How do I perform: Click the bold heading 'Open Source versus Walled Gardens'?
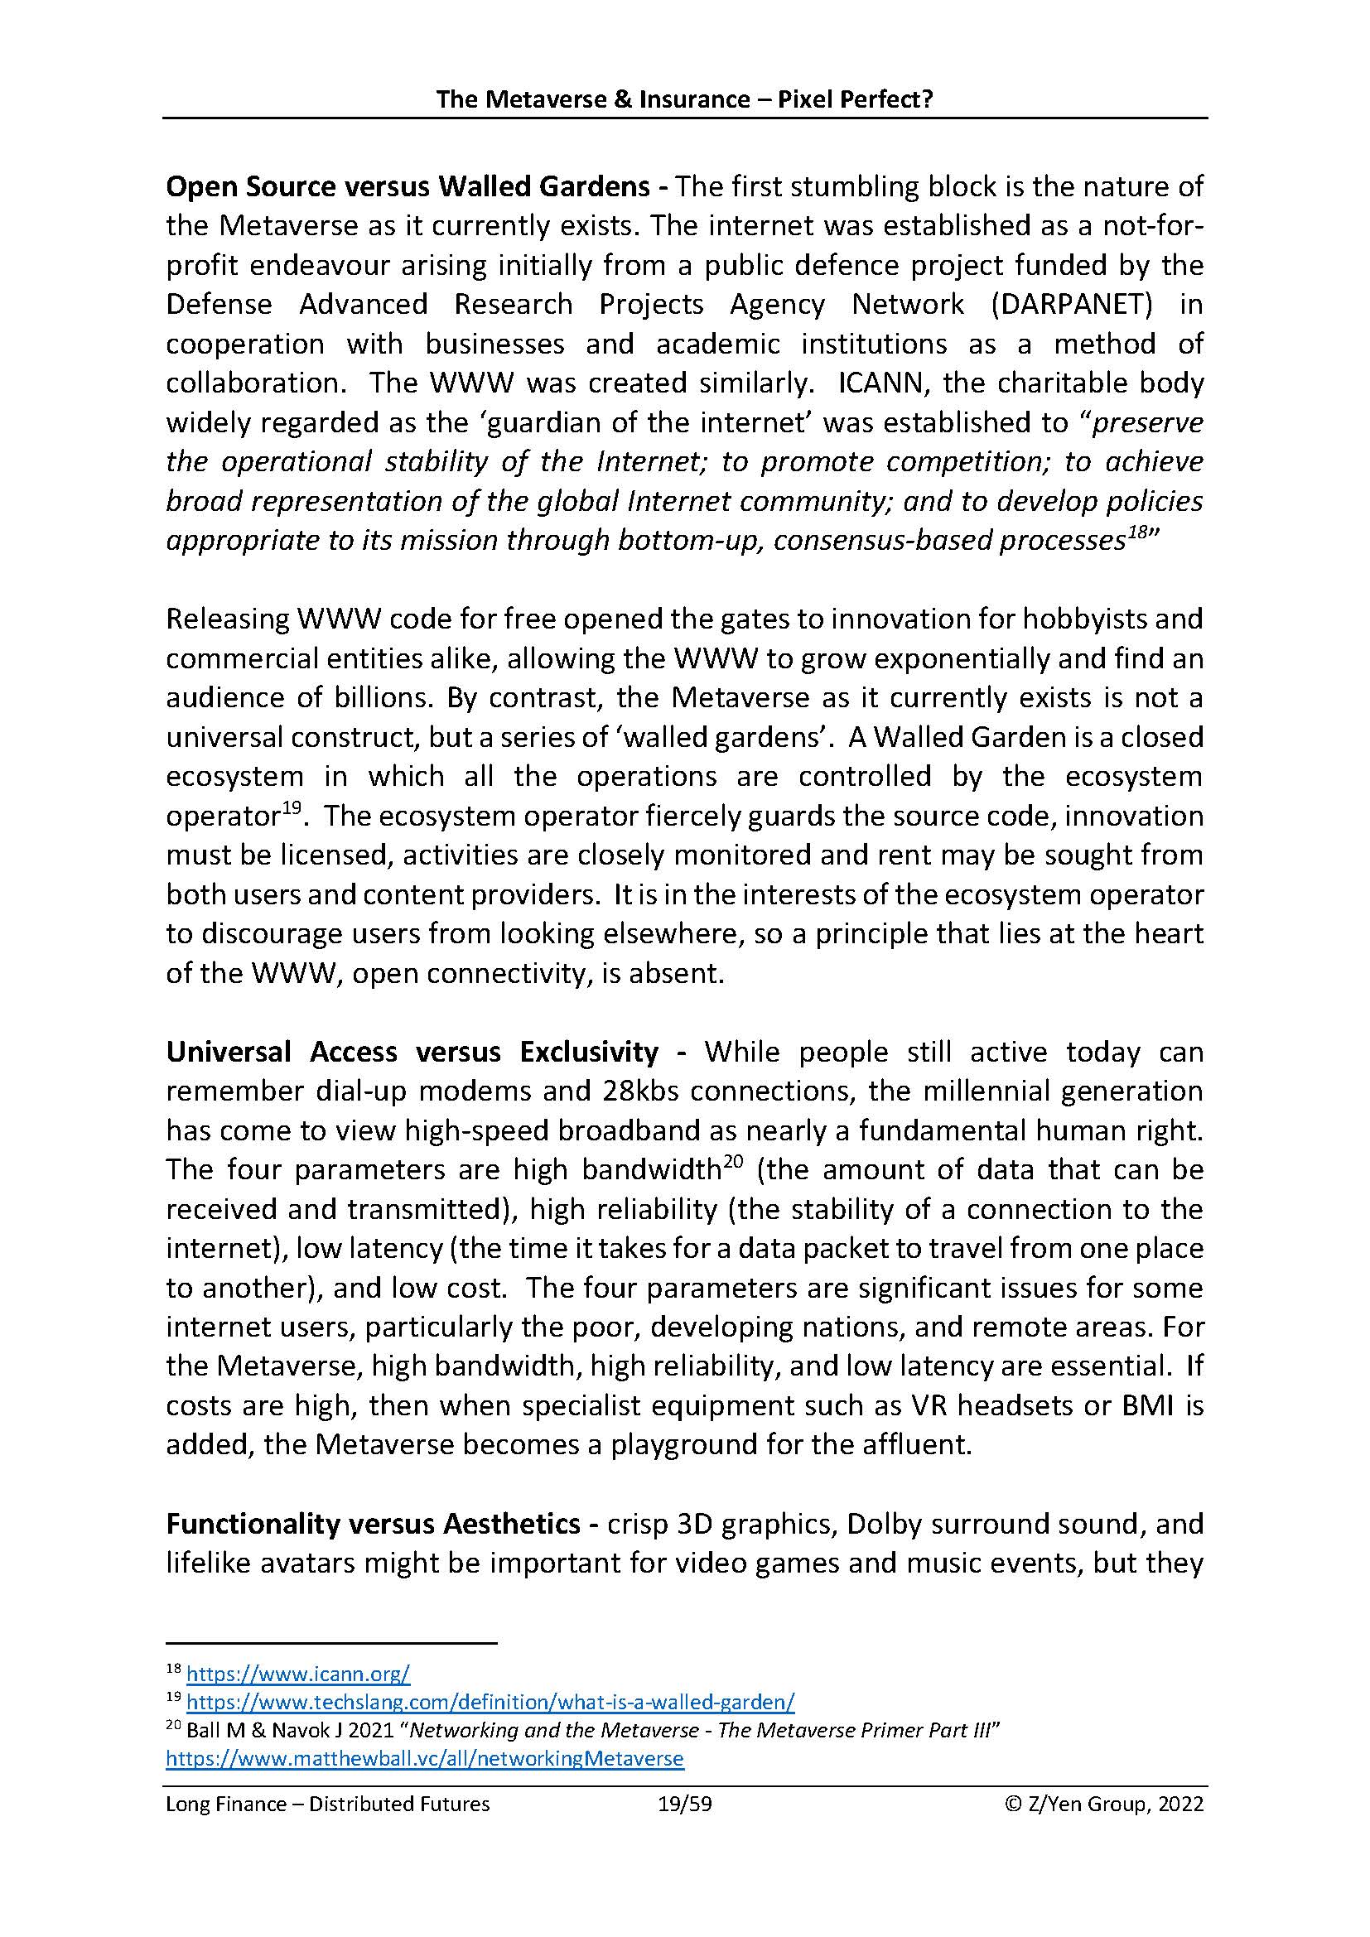tap(408, 186)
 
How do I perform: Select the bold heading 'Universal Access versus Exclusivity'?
tap(412, 1052)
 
